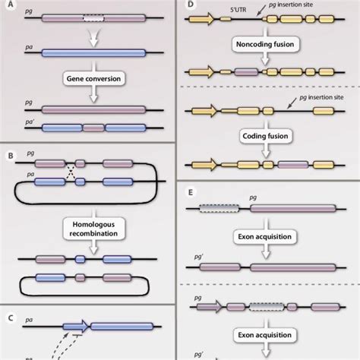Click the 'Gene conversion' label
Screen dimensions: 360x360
[90, 78]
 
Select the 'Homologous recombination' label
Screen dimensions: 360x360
[90, 230]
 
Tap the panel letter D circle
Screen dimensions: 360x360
[191, 8]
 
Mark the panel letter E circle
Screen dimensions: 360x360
[191, 190]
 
